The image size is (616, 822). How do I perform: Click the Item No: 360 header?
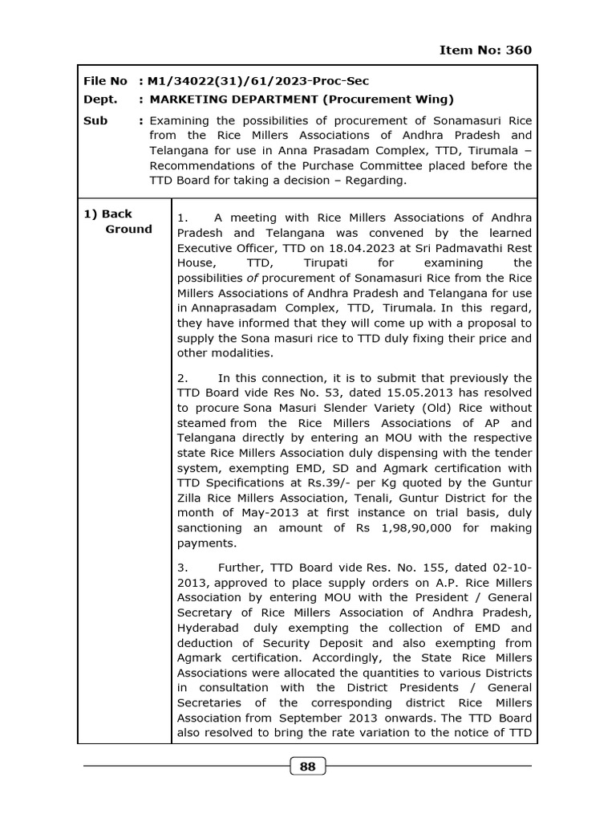(x=485, y=50)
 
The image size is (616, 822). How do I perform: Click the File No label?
(x=105, y=81)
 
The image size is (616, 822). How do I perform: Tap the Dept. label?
(x=100, y=100)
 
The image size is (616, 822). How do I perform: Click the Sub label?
(x=95, y=120)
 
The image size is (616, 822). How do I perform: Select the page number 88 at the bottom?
(x=307, y=767)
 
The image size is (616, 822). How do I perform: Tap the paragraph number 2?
(x=181, y=378)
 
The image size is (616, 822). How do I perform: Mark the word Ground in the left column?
(x=128, y=229)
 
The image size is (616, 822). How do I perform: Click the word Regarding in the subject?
(x=375, y=180)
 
